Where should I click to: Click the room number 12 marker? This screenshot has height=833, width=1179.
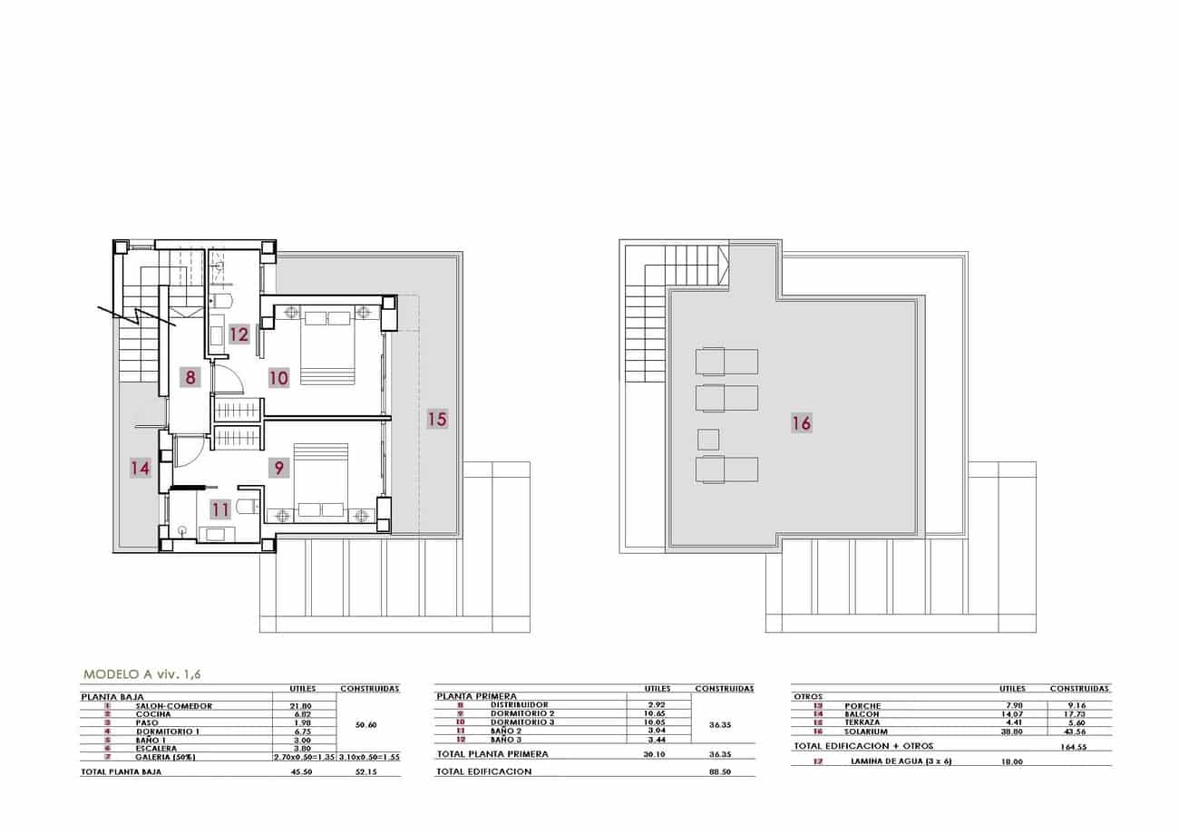click(x=239, y=334)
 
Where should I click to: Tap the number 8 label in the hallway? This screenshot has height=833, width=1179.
click(x=190, y=376)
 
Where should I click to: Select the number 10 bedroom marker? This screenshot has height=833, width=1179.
click(x=278, y=377)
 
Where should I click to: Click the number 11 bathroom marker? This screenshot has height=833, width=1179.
click(x=221, y=509)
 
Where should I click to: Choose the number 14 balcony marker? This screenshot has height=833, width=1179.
click(x=139, y=468)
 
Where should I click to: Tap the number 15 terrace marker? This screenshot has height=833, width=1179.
click(x=437, y=419)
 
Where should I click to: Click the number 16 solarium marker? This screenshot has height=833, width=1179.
click(x=801, y=422)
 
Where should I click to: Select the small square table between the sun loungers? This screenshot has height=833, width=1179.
click(x=708, y=440)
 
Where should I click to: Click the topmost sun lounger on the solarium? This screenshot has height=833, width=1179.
click(x=726, y=362)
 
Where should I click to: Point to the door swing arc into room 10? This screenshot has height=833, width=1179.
click(x=227, y=379)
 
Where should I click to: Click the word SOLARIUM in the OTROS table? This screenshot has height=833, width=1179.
click(x=862, y=731)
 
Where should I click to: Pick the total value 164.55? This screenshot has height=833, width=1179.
click(x=1074, y=748)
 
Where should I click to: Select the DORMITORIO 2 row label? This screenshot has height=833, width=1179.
click(x=521, y=713)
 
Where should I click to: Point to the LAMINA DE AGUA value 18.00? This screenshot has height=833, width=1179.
click(x=1011, y=762)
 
